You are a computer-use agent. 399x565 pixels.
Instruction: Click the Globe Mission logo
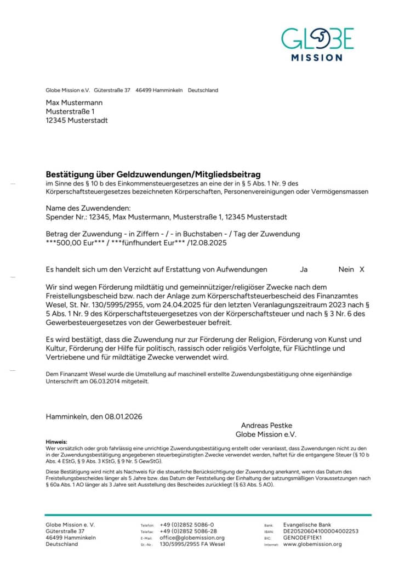317,43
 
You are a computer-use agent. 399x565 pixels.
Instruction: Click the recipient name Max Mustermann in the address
74,103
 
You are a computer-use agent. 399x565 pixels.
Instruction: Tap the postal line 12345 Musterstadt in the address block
77,120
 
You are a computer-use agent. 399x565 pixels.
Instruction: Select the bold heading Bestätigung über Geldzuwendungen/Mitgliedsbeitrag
153,174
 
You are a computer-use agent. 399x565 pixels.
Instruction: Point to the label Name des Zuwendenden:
88,208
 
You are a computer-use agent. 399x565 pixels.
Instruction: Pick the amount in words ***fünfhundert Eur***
146,242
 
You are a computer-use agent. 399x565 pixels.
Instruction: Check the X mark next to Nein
362,269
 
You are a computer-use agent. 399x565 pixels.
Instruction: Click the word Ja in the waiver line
304,269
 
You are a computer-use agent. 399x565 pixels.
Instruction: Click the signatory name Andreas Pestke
267,425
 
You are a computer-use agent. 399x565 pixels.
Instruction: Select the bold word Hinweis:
56,442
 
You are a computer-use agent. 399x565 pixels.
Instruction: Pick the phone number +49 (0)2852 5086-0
187,524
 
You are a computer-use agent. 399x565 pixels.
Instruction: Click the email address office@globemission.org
192,538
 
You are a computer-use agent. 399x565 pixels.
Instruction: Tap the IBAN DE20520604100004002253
321,531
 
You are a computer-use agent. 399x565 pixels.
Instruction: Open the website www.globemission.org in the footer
312,544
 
